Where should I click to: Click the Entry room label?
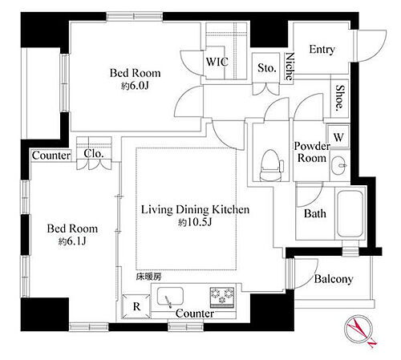pyautogui.click(x=322, y=50)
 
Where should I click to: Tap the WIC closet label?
pyautogui.click(x=217, y=60)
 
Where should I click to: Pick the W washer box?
pyautogui.click(x=338, y=137)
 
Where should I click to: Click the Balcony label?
pyautogui.click(x=334, y=279)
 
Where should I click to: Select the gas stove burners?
pyautogui.click(x=222, y=297)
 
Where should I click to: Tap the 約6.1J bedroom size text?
pyautogui.click(x=72, y=241)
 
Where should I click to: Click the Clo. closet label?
pyautogui.click(x=92, y=156)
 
